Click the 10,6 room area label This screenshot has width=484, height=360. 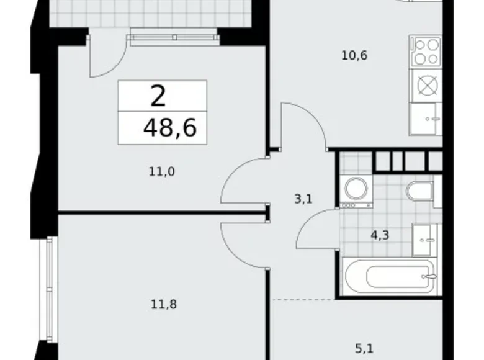click(354, 56)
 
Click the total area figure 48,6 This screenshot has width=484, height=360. click(169, 128)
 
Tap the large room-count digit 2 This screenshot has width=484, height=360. click(159, 96)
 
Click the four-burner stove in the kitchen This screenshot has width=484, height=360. click(426, 52)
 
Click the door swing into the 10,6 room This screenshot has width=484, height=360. click(304, 124)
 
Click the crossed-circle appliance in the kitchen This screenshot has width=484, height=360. click(426, 84)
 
